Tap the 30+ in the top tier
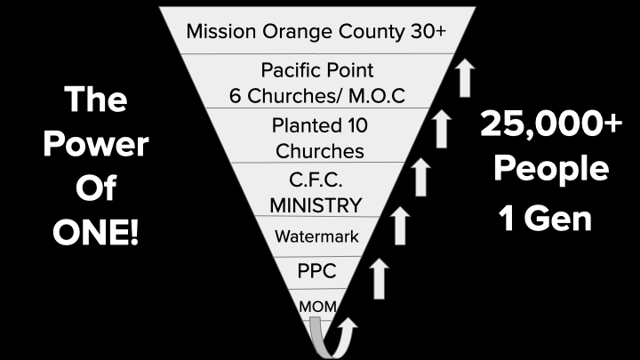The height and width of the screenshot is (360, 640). pos(426,32)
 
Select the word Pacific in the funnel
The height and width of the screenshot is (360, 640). pos(291,69)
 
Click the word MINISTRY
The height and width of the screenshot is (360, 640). pos(316,204)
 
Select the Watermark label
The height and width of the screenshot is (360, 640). pos(316,237)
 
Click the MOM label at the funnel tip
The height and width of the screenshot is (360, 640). pos(316,307)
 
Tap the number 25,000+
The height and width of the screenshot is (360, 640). pos(552,125)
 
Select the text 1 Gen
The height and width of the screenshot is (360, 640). pos(546,219)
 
